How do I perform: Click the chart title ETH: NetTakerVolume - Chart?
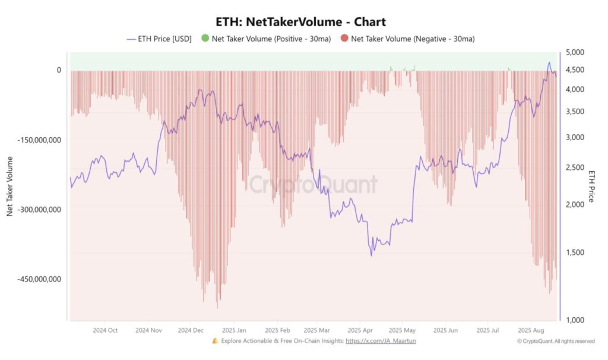304,22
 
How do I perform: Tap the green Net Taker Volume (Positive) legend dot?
205,39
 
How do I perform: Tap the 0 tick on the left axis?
59,70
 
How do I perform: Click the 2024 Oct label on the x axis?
104,330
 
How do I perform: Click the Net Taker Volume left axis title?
10,186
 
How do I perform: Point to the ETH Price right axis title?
591,186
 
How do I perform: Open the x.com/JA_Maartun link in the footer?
384,342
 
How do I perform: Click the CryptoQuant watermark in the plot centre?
312,185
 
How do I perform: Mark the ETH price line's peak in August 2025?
549,62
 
